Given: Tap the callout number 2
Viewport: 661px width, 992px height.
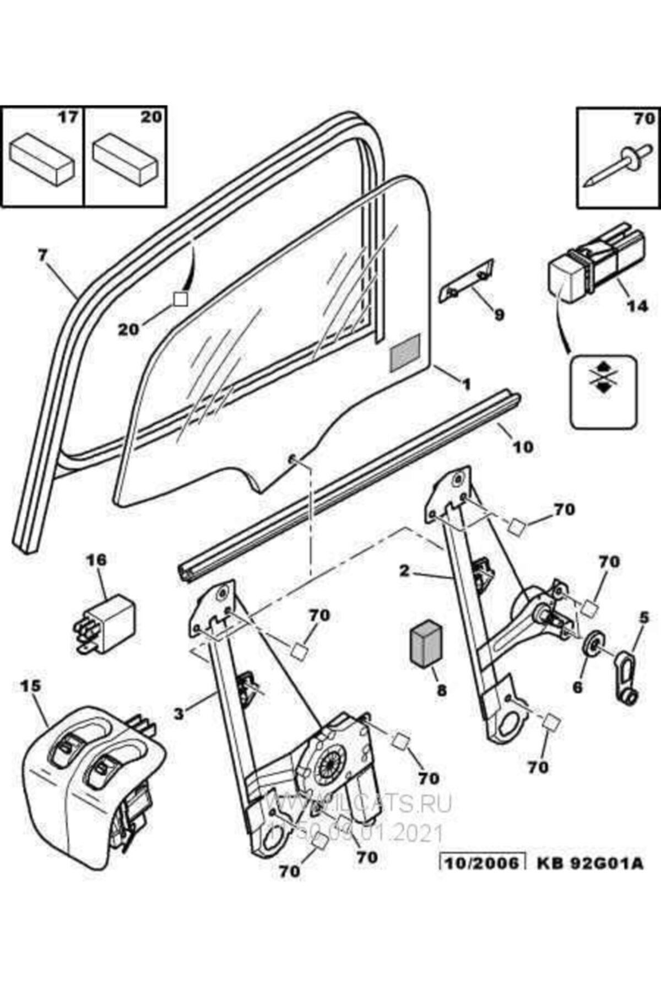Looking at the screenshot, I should point(405,571).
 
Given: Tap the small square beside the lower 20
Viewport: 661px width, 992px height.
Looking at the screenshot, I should point(180,300).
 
